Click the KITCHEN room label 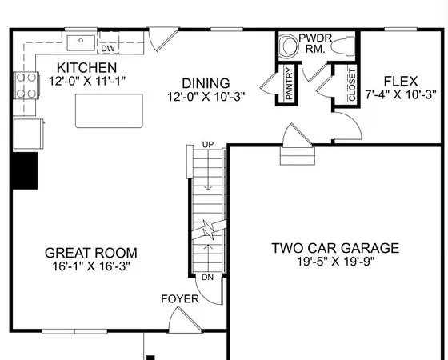[x=90, y=68]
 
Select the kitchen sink [x=82, y=41]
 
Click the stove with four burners [x=25, y=84]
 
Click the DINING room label [x=206, y=83]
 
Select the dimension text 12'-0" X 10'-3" [x=206, y=97]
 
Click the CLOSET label [x=352, y=85]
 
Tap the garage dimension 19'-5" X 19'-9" [x=334, y=261]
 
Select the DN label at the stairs [x=206, y=277]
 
